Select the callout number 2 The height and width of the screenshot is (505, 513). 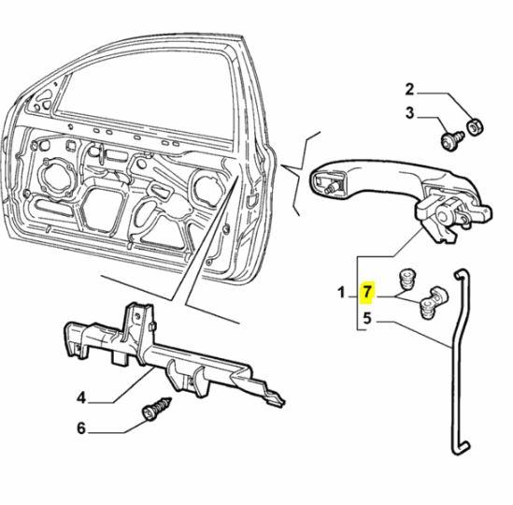click(x=408, y=90)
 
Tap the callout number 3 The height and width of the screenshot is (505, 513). click(x=408, y=115)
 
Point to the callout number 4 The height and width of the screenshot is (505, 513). click(x=81, y=397)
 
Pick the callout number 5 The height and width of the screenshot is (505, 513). click(x=367, y=317)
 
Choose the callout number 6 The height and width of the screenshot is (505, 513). click(x=81, y=429)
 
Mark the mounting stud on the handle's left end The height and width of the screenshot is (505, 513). click(x=332, y=187)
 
